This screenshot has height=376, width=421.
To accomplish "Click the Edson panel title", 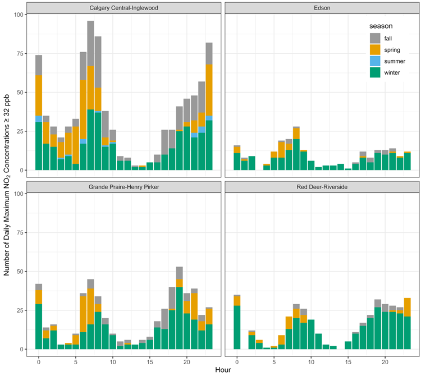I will (321, 8).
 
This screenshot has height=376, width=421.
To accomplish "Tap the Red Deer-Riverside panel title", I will (321, 187).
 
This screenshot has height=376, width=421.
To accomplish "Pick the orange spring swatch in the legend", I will (376, 49).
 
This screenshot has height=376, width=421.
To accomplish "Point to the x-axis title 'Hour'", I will (222, 370).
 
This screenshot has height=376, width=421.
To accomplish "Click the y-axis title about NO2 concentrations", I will (7, 185).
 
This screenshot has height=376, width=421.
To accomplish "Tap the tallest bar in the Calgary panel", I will (90, 95).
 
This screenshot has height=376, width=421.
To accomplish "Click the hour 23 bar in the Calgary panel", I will (209, 107).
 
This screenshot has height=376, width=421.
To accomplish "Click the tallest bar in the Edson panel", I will (296, 149).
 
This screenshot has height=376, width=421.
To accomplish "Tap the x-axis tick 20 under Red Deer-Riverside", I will (385, 358).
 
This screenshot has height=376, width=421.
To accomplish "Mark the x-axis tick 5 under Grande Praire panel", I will (76, 358).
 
